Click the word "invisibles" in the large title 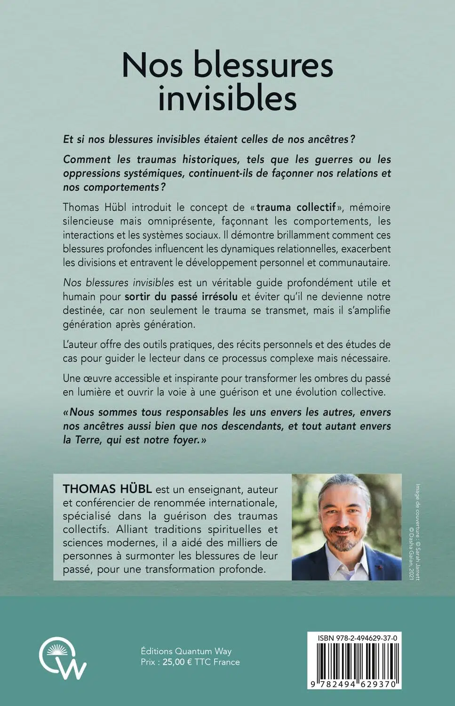227,99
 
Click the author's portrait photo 347,527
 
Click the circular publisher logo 63,657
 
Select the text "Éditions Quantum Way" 186,651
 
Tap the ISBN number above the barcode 358,638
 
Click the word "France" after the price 226,662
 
